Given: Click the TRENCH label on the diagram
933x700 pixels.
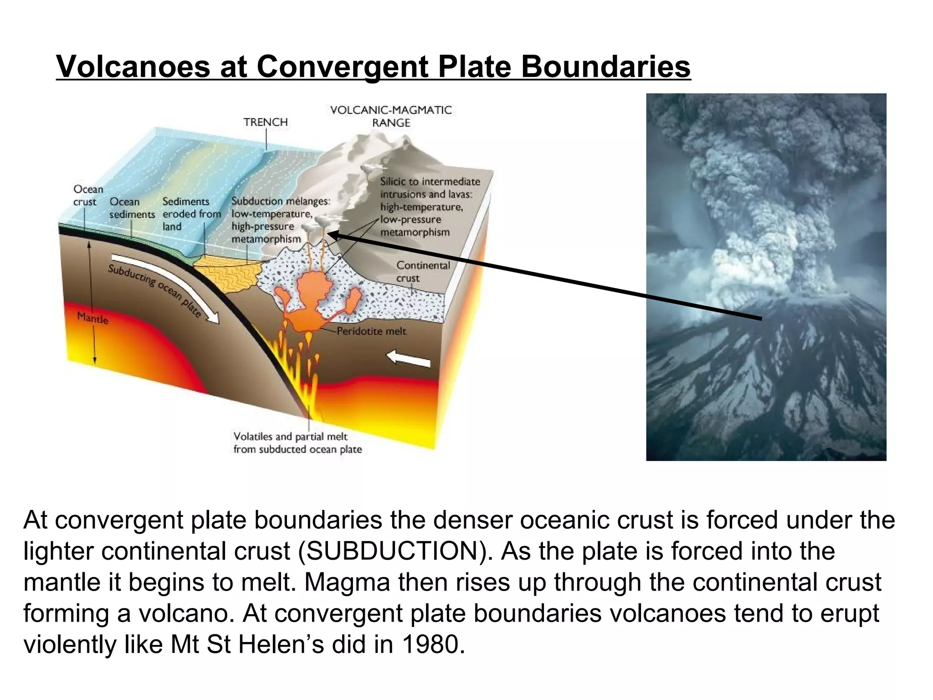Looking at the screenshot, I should pyautogui.click(x=266, y=122).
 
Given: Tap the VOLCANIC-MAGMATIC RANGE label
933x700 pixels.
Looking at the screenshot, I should pyautogui.click(x=391, y=116).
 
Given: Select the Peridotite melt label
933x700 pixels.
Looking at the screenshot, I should pyautogui.click(x=371, y=331).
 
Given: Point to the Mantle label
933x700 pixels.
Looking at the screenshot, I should pyautogui.click(x=92, y=318).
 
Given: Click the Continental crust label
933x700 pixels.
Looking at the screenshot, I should pyautogui.click(x=423, y=272).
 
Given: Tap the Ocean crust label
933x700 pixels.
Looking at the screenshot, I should pyautogui.click(x=88, y=196).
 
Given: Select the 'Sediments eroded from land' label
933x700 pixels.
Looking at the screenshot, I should pyautogui.click(x=191, y=214).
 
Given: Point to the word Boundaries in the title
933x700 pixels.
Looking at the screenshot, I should pyautogui.click(x=605, y=67).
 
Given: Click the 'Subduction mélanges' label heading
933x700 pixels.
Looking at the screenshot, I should pyautogui.click(x=281, y=201).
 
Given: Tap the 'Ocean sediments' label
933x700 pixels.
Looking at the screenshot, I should pyautogui.click(x=132, y=208).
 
